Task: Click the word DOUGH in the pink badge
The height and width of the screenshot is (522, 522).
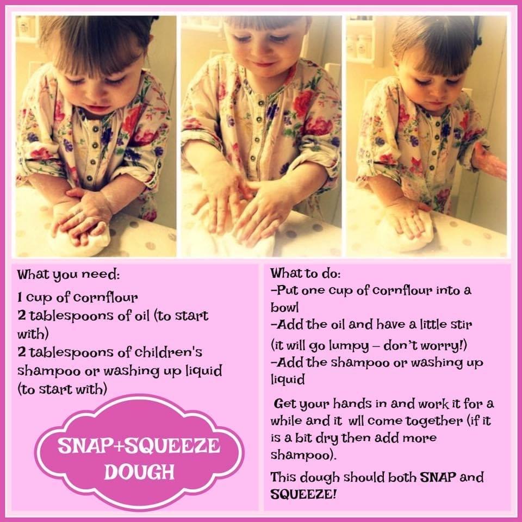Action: pos(140,471)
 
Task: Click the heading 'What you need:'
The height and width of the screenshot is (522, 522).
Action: pos(69,275)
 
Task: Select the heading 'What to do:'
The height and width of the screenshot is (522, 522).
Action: pos(305,274)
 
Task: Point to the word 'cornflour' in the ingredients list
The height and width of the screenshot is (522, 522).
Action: pos(105,297)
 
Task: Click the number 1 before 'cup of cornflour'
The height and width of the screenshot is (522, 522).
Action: pos(20,297)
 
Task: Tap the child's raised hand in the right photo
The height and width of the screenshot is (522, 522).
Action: pos(489,161)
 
